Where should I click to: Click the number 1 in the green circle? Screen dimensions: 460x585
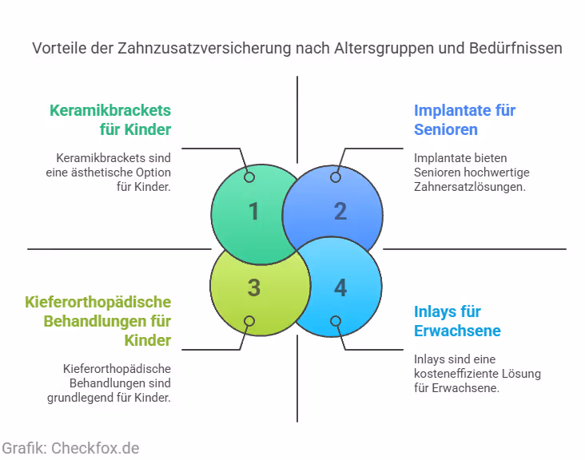tap(253, 212)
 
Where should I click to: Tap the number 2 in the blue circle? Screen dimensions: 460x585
tap(340, 212)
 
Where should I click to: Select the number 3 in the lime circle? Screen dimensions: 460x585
tap(253, 287)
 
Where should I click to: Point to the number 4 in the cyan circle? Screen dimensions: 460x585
tap(340, 287)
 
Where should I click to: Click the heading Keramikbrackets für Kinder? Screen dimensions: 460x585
tap(110, 120)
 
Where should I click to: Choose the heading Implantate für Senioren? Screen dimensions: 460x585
tap(464, 120)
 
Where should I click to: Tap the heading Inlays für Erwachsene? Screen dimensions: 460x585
tap(457, 321)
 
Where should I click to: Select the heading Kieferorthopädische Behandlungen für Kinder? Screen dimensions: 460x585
tap(98, 321)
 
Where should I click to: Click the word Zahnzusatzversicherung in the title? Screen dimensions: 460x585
tap(201, 49)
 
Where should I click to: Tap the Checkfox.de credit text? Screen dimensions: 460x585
tap(70, 448)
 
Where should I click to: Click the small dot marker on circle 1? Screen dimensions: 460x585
tap(249, 177)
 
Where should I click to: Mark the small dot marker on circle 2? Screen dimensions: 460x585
tap(336, 177)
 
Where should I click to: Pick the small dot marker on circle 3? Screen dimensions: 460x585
tap(249, 321)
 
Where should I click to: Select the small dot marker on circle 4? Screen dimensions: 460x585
tap(336, 321)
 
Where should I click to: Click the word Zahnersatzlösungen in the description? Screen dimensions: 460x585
tap(470, 187)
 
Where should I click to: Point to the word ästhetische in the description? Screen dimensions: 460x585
tap(101, 172)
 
